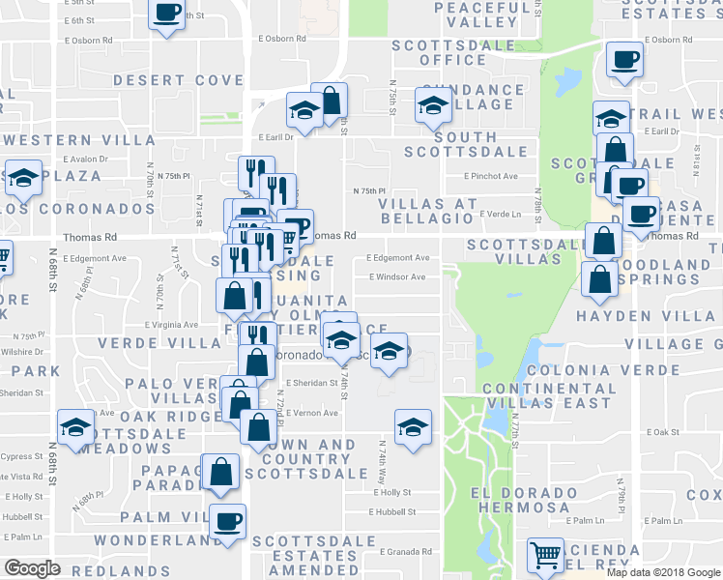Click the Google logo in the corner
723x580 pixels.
coord(33,568)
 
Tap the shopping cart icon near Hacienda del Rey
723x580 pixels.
coord(546,555)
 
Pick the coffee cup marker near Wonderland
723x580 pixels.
coord(227,522)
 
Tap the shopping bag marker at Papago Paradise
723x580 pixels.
coord(221,471)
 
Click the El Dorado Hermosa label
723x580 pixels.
coord(522,499)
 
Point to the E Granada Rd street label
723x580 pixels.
coord(405,552)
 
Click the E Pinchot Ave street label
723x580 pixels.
coord(491,177)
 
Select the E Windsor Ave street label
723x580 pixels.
coord(396,277)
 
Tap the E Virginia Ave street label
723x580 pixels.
coord(172,325)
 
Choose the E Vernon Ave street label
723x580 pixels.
coord(311,413)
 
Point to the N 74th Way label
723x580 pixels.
coord(383,460)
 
